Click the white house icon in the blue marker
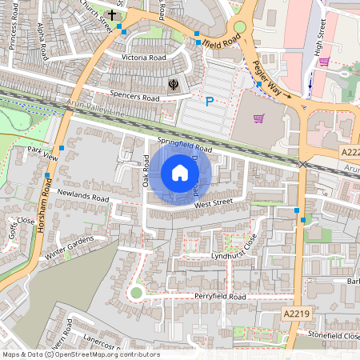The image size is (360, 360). tap(180, 173)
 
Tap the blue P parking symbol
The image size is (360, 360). tap(210, 101)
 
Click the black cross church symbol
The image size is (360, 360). tap(112, 14)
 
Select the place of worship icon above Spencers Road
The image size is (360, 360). tap(173, 83)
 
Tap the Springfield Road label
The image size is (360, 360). tap(184, 146)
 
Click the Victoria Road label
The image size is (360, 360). tap(144, 58)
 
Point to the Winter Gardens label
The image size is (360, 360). tap(70, 250)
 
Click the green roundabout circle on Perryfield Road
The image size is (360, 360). tap(136, 293)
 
